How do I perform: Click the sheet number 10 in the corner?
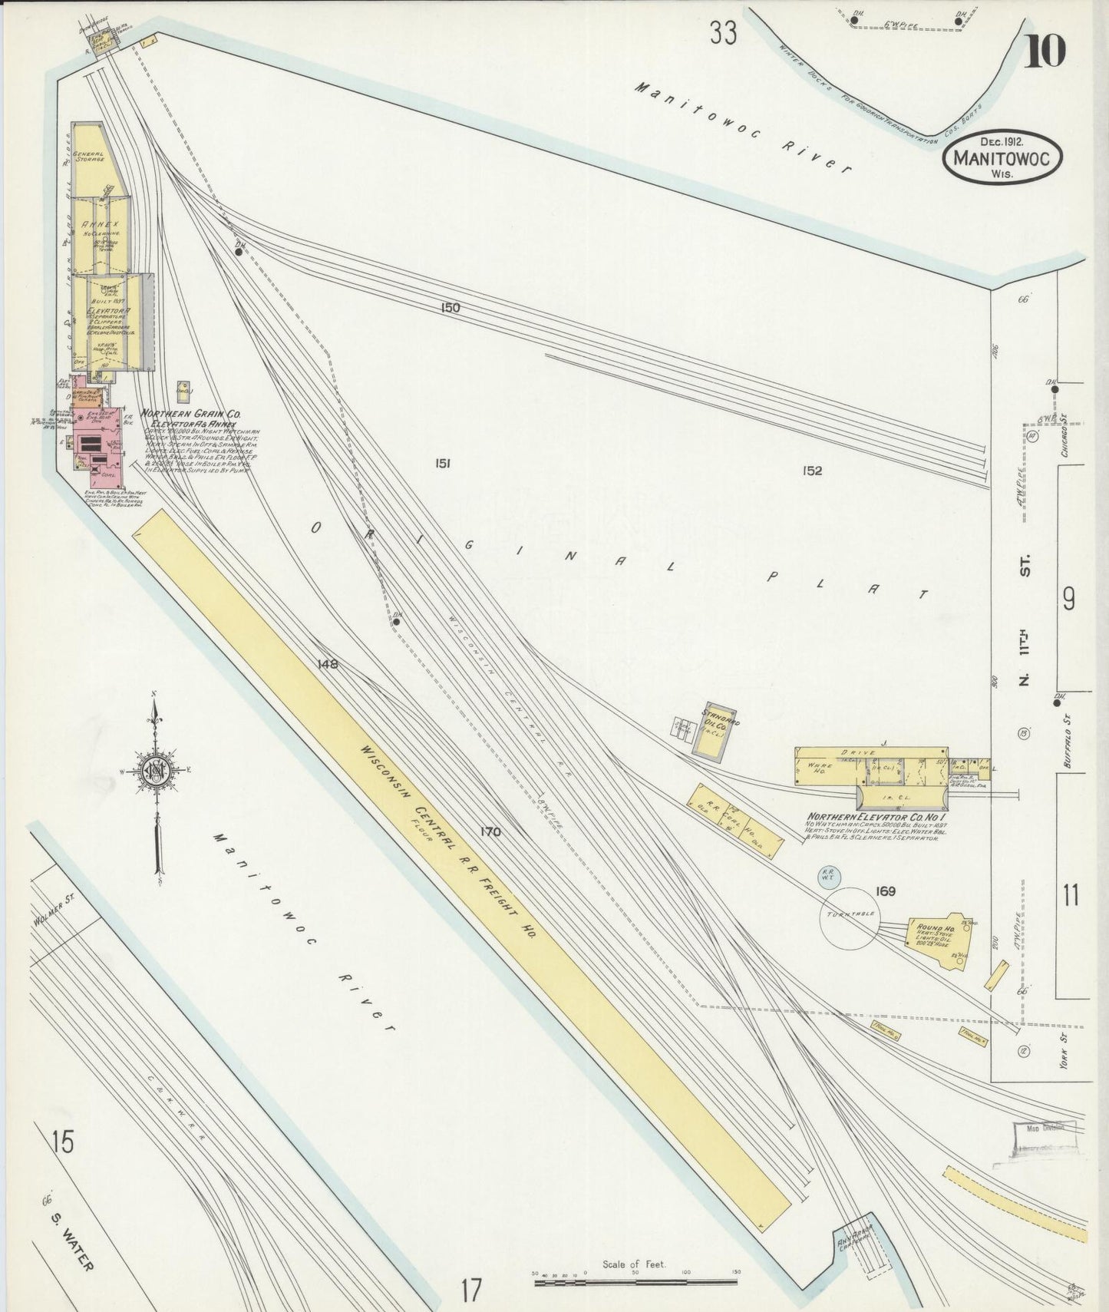1045,51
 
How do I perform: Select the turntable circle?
850,917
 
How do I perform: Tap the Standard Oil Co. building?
715,731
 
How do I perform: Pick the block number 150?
451,308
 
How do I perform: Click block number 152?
811,471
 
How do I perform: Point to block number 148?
328,664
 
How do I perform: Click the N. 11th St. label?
1026,622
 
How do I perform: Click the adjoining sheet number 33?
723,34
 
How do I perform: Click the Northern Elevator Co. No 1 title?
874,817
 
